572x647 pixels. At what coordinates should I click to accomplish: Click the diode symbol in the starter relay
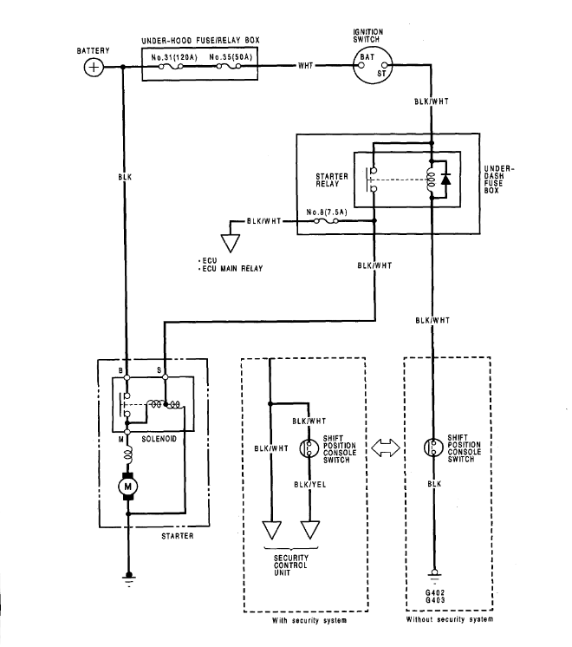point(446,180)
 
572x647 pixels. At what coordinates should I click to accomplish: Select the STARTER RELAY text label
point(332,179)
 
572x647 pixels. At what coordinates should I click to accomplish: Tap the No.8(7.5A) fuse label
point(327,212)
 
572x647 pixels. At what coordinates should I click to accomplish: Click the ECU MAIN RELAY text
point(233,269)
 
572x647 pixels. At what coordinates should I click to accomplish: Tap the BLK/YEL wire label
point(309,486)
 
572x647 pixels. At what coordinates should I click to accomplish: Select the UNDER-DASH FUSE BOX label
point(502,179)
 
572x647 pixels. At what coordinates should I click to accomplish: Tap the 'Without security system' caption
point(449,620)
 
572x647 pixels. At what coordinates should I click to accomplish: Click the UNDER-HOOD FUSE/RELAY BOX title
point(199,41)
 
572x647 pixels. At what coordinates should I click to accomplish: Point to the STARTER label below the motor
point(177,536)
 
